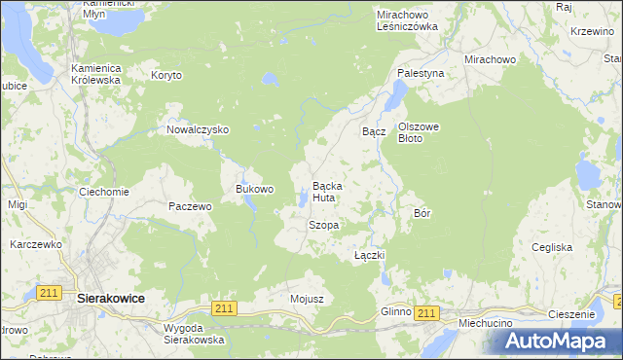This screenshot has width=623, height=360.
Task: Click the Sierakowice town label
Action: (110, 301)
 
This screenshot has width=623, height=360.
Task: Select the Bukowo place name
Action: (255, 189)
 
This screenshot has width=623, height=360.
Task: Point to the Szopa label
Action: (323, 225)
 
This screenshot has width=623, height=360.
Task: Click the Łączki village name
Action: (370, 255)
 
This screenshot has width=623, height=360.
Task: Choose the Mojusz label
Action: (306, 298)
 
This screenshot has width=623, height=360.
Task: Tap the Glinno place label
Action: (396, 311)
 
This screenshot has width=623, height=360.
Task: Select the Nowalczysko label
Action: (197, 129)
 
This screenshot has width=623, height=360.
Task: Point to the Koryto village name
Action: (166, 75)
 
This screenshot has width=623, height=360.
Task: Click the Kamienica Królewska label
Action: (95, 74)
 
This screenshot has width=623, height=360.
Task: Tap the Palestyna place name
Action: (421, 73)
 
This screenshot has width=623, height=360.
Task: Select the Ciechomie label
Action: (104, 192)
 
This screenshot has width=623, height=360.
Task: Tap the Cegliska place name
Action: (552, 247)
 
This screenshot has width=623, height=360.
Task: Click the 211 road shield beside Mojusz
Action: (224, 308)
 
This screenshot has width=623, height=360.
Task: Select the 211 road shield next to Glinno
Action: (425, 312)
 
